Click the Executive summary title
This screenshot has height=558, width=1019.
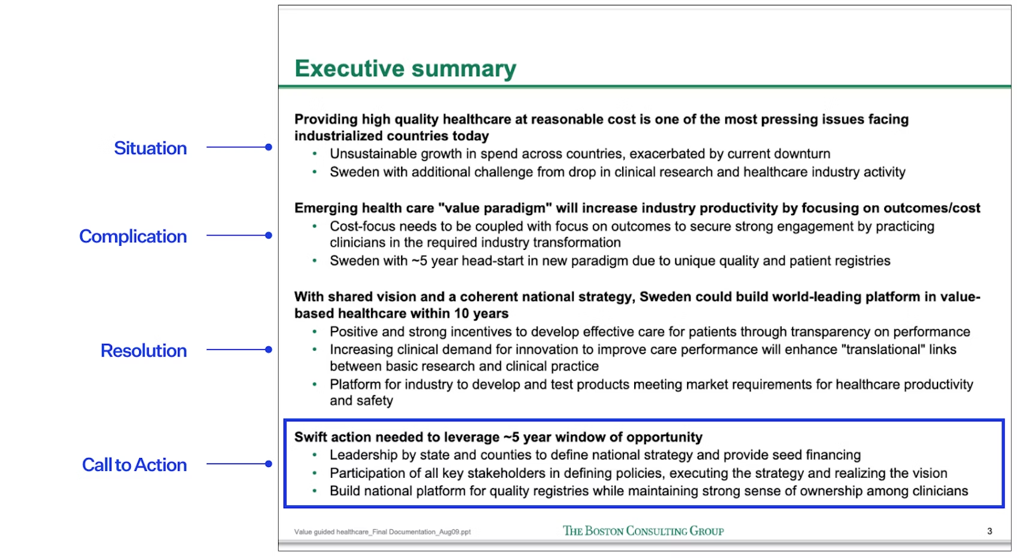pos(405,69)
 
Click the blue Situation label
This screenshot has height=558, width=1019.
pos(150,148)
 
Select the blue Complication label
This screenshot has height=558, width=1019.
pos(133,236)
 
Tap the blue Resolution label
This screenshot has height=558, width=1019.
pos(144,351)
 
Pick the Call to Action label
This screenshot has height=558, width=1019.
pos(134,465)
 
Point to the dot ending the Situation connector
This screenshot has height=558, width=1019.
pos(269,147)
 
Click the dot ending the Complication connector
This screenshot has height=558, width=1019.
pos(269,236)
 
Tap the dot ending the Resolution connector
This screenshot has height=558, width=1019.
pos(269,349)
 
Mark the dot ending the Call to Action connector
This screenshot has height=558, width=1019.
pos(269,464)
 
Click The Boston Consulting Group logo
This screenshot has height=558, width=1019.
pos(643,531)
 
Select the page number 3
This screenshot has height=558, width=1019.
pos(990,531)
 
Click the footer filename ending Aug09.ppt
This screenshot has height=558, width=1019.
pos(382,532)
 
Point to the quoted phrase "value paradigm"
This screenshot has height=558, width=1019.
pos(495,208)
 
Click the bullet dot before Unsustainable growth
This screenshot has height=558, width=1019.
pos(315,154)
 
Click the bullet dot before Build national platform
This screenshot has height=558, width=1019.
pos(315,491)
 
